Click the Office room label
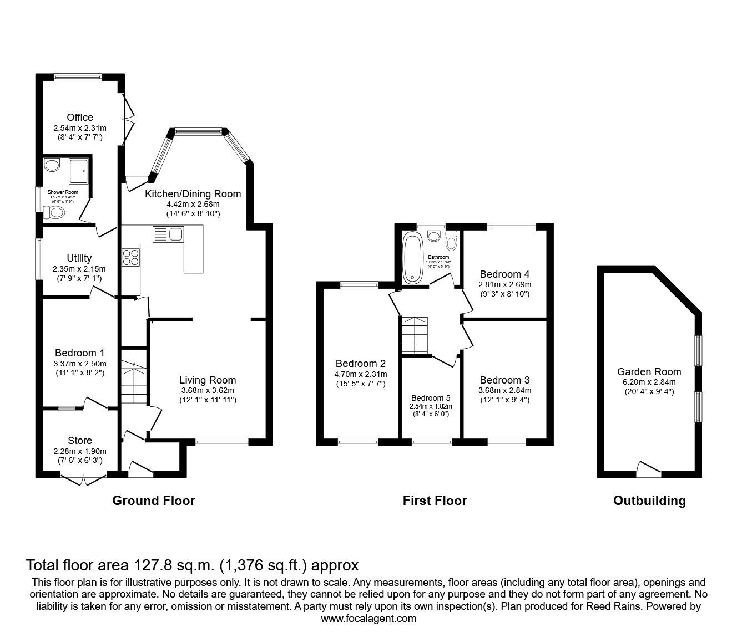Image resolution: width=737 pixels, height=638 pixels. click(x=80, y=118)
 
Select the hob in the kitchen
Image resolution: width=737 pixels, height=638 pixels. click(x=130, y=258)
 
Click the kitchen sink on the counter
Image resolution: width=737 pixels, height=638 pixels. click(x=168, y=234)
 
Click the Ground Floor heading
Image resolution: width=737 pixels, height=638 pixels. click(x=154, y=501)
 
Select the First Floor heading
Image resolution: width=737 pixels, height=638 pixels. click(x=435, y=501)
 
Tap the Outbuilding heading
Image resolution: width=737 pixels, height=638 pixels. click(x=649, y=501)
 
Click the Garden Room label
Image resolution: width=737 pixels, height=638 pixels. click(x=649, y=372)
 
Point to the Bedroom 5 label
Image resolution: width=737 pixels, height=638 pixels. click(x=431, y=398)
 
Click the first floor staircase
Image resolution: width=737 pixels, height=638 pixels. click(x=415, y=335)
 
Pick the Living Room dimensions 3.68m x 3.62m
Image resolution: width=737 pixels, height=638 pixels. click(x=207, y=390)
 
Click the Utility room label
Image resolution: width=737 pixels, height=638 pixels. click(x=79, y=258)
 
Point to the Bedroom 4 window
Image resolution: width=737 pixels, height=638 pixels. click(x=511, y=226)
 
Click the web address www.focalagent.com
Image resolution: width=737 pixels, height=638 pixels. click(x=368, y=619)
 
